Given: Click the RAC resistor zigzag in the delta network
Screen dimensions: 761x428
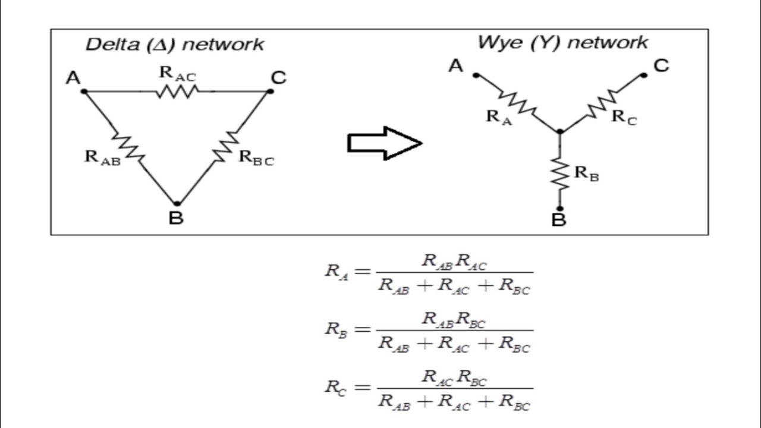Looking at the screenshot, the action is [177, 92].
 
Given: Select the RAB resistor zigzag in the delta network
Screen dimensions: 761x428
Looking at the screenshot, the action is [128, 147].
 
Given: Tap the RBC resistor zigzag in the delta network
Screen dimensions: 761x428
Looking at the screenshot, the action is [226, 147].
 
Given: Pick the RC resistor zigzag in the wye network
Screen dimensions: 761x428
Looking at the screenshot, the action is [603, 104].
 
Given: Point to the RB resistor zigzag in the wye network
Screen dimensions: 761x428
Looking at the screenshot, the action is [559, 173].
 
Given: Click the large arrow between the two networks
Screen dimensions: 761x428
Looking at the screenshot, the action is [385, 143].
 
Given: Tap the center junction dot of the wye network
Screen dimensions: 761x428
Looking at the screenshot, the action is [560, 131].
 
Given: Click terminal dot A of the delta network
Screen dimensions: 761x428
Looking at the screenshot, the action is [84, 92].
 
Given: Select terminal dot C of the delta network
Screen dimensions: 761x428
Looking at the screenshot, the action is [270, 92].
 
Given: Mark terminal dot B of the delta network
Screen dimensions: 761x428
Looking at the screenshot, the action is [177, 204].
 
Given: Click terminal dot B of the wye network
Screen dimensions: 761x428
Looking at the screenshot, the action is [560, 209].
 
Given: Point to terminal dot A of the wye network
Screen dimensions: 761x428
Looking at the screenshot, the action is [476, 75].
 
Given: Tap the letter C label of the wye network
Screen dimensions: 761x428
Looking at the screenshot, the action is [661, 66].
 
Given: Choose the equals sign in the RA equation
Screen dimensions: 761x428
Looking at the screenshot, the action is [362, 271].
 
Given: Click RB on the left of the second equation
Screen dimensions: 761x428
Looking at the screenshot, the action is [336, 330].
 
